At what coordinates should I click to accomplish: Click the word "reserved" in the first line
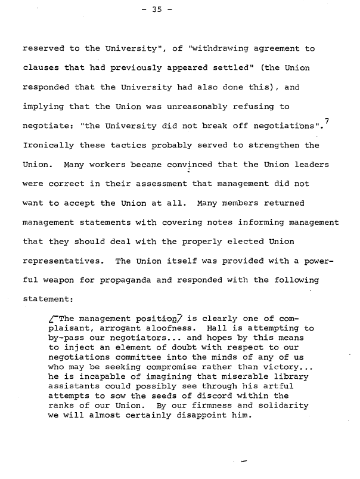click(42, 49)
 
